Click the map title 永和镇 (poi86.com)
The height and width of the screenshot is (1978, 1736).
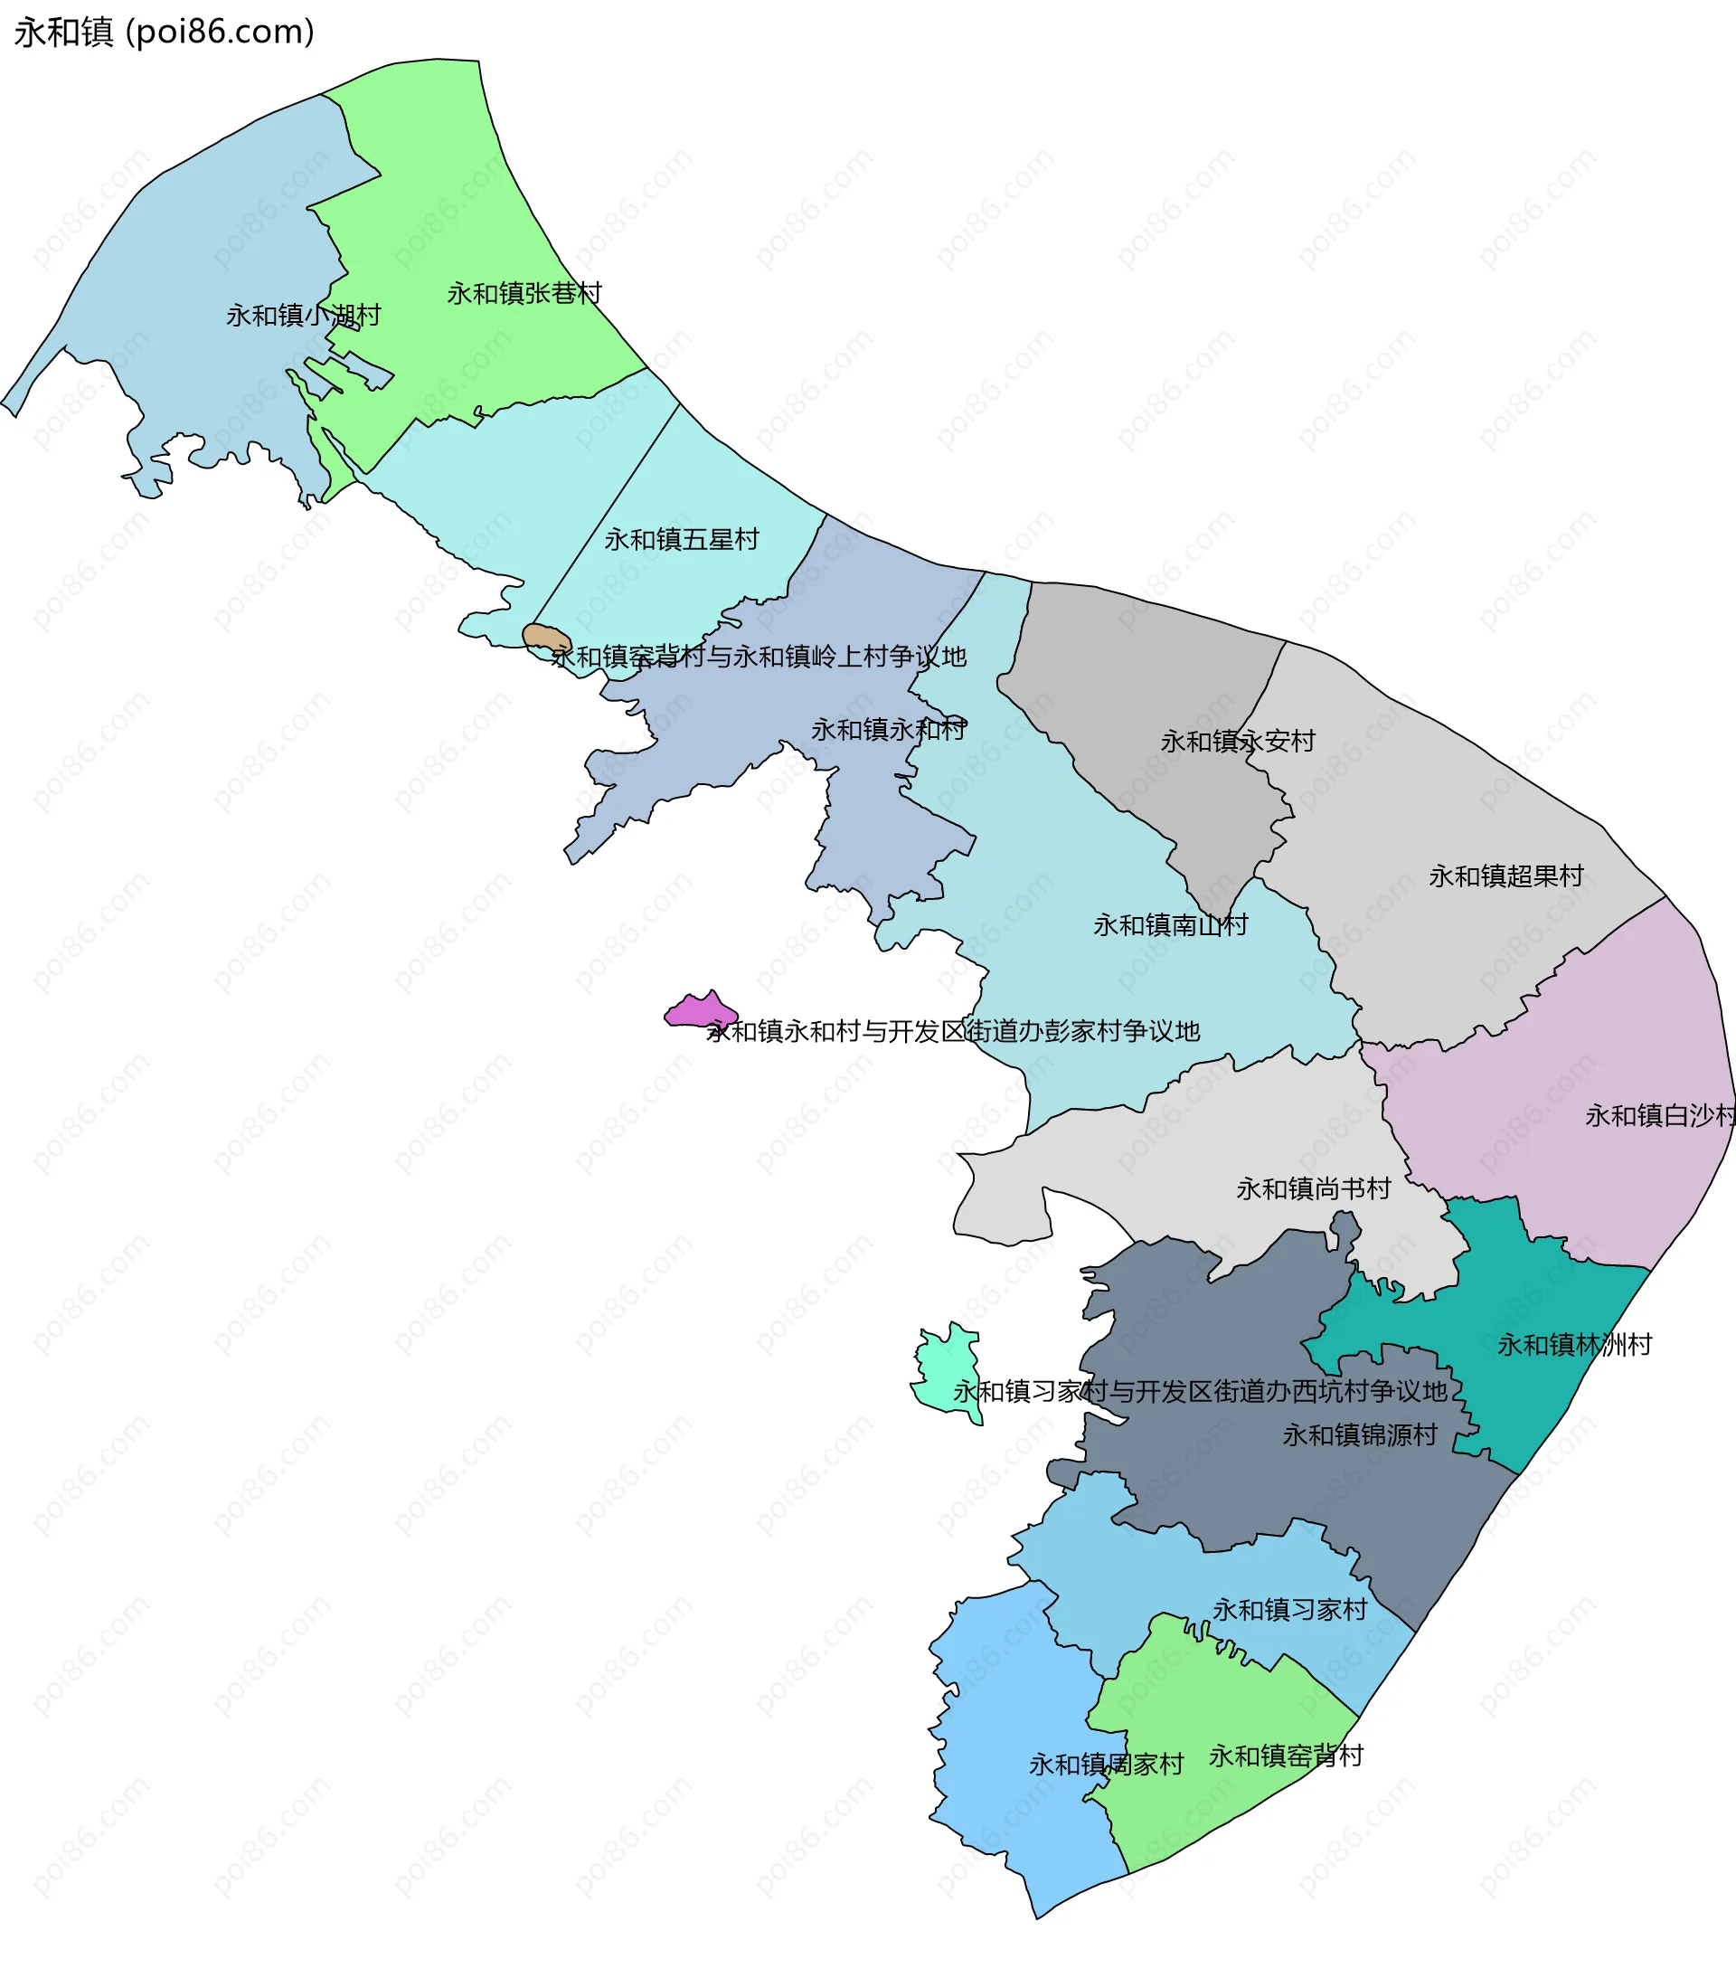tap(165, 32)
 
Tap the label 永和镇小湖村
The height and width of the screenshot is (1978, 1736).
tap(303, 316)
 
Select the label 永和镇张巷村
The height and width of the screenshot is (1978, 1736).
tap(524, 293)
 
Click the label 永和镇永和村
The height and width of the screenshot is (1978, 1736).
tap(888, 730)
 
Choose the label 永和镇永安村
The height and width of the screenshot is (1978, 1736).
tap(1238, 742)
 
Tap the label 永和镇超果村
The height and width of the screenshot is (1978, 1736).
tap(1505, 875)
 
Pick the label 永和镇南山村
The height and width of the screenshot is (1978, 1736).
tap(1170, 925)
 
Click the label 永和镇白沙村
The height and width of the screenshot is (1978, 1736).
tap(1658, 1116)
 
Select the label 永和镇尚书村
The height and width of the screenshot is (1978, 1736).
tap(1313, 1188)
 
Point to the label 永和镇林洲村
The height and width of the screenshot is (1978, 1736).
tap(1574, 1344)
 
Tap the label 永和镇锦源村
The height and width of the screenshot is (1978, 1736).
tap(1360, 1435)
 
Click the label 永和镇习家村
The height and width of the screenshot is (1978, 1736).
tap(1290, 1609)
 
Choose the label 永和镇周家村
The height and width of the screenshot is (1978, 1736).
tap(1106, 1765)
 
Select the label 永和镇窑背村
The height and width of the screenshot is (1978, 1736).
tap(1286, 1756)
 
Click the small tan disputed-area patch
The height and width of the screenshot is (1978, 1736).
tap(545, 637)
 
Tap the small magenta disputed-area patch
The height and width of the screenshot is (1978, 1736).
tap(699, 1011)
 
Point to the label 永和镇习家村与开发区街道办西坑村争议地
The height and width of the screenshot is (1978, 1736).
tap(1200, 1392)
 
